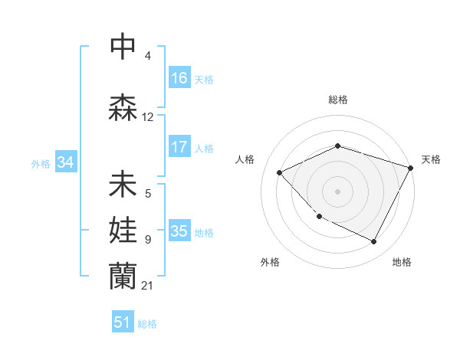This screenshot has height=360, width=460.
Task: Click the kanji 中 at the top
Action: (123, 47)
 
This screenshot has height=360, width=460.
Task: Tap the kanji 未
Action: (123, 185)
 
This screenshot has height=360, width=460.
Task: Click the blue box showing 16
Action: (179, 78)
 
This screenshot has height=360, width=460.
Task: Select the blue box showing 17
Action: (179, 147)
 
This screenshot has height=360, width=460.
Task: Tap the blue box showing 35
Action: (179, 231)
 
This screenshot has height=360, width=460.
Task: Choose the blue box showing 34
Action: (65, 162)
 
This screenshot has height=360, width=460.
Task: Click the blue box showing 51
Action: (123, 322)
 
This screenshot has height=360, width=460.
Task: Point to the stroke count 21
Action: (148, 286)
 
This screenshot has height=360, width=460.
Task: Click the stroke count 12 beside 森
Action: (148, 117)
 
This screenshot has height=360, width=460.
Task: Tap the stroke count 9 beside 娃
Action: (148, 240)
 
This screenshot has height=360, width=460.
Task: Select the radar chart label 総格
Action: (338, 100)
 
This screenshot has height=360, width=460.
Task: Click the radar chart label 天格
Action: (431, 159)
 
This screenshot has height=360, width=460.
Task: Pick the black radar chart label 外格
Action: (270, 262)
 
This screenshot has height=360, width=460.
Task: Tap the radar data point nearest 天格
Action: (411, 167)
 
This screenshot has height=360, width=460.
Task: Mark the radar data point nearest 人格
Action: (280, 172)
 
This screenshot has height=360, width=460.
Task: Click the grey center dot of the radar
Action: (338, 191)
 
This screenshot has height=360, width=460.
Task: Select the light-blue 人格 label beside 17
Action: (204, 148)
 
